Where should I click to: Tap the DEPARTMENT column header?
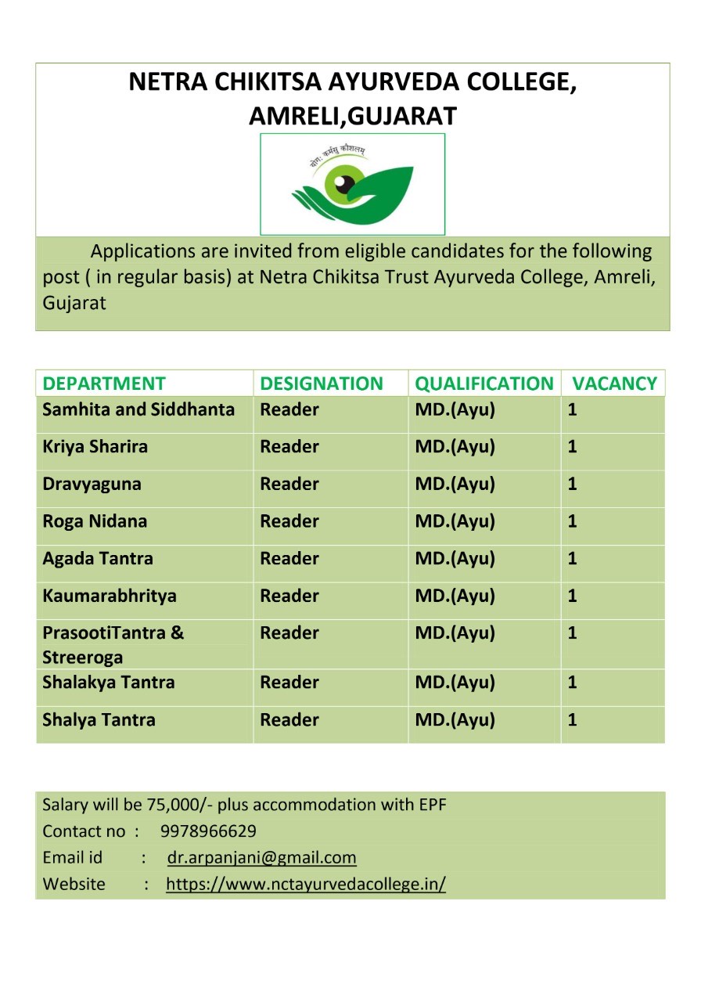coord(104,384)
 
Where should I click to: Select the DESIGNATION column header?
coord(322,384)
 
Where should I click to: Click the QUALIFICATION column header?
coord(484,384)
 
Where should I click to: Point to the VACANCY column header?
coord(614,384)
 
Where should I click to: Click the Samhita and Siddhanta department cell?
coord(138,409)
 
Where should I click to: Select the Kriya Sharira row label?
coord(95,447)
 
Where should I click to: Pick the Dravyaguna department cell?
coord(92,484)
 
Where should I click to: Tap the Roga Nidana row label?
coord(95,521)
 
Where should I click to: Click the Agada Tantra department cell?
coord(98,559)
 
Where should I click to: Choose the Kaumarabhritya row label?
coord(110,596)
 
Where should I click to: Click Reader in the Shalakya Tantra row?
coord(289,683)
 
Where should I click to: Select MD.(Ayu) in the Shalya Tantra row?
coord(455,720)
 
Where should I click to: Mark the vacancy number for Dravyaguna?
coord(573,484)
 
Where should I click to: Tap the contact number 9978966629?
coord(208,831)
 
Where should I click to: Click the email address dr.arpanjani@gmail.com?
coord(262,858)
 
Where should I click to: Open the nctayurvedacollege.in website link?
coord(306,885)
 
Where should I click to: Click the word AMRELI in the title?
coord(295,116)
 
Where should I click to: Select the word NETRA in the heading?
coord(162,82)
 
